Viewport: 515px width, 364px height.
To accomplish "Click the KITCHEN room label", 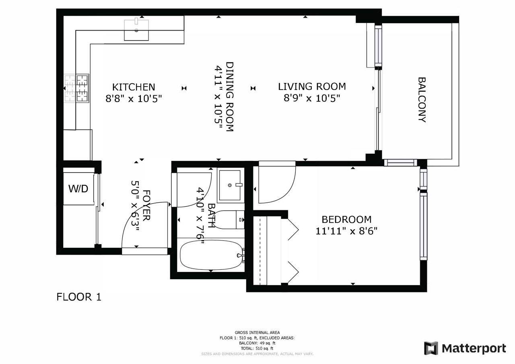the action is [x=134, y=87].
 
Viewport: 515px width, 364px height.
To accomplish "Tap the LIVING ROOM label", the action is [x=312, y=86].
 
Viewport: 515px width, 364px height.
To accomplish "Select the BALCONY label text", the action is [x=422, y=100].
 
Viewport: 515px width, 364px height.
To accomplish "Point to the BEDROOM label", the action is [x=346, y=220].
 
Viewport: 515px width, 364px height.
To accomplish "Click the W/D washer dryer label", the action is [x=78, y=189].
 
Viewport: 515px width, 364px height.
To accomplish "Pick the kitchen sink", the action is [x=136, y=30].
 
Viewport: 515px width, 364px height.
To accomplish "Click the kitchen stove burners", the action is [x=76, y=88].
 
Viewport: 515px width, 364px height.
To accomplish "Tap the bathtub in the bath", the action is [x=211, y=255].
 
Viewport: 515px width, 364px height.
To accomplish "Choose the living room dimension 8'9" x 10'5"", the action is [x=312, y=99].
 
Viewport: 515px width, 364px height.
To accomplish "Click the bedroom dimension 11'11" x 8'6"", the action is [x=346, y=231].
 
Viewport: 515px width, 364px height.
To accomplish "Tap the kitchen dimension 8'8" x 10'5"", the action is [x=134, y=99].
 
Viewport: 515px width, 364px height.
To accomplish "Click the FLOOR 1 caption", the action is [x=79, y=297].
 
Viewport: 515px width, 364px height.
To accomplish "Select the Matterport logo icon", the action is [x=431, y=348].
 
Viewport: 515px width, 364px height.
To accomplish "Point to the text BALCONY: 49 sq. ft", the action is [x=257, y=343].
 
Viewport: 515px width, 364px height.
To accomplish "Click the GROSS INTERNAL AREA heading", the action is [x=257, y=333].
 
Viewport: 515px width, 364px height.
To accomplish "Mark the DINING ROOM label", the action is [x=230, y=97].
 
